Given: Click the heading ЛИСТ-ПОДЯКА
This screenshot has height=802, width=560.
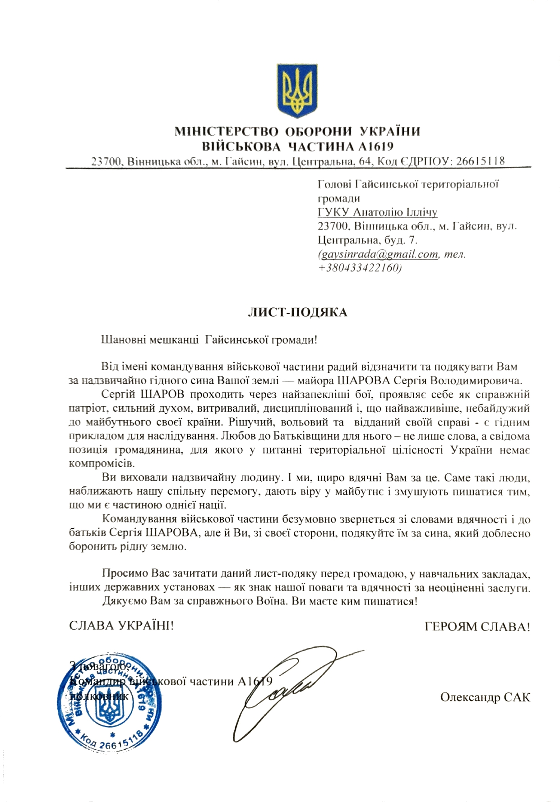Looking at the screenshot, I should tap(298, 312).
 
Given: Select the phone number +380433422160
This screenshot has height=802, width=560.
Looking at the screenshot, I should tap(360, 268).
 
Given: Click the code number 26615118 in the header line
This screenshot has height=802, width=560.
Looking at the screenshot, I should tap(480, 161).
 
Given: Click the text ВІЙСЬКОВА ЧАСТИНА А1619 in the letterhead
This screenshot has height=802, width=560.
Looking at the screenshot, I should tap(297, 146).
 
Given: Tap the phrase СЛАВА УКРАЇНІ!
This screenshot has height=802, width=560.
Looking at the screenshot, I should tap(121, 626).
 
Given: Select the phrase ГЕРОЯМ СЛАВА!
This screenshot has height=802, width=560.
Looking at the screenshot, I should tap(477, 627).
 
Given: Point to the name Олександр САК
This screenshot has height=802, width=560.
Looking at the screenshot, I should tap(485, 697).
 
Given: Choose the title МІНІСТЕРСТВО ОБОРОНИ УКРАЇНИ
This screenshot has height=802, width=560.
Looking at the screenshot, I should tap(297, 132).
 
